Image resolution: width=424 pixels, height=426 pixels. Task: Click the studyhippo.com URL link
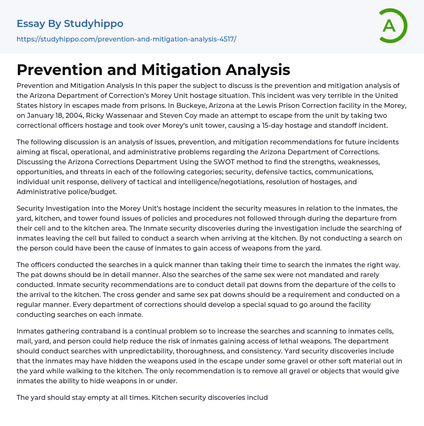click(126, 39)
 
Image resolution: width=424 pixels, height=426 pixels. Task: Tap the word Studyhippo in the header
click(94, 24)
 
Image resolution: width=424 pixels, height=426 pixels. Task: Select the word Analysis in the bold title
click(258, 70)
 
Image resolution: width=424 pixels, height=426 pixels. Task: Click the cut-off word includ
click(256, 397)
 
